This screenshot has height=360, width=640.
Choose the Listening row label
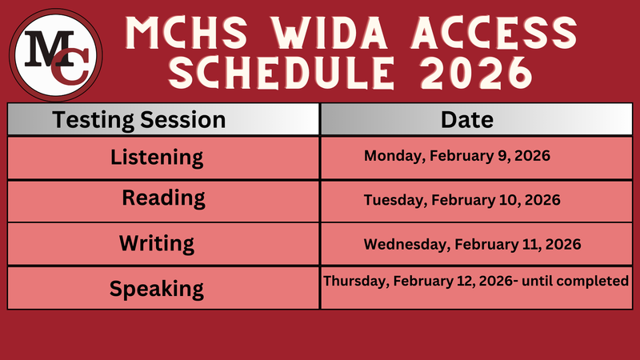(157, 157)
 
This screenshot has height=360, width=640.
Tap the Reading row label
(163, 198)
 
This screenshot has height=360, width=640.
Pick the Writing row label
(157, 242)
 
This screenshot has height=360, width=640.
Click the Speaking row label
(157, 287)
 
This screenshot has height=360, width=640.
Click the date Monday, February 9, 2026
(457, 156)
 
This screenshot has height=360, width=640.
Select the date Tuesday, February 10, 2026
(462, 199)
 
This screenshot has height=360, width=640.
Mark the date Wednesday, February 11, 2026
(472, 243)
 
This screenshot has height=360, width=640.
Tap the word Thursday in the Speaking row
(350, 281)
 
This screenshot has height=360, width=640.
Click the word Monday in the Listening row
(389, 156)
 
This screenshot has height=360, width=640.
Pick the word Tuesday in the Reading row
(390, 199)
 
